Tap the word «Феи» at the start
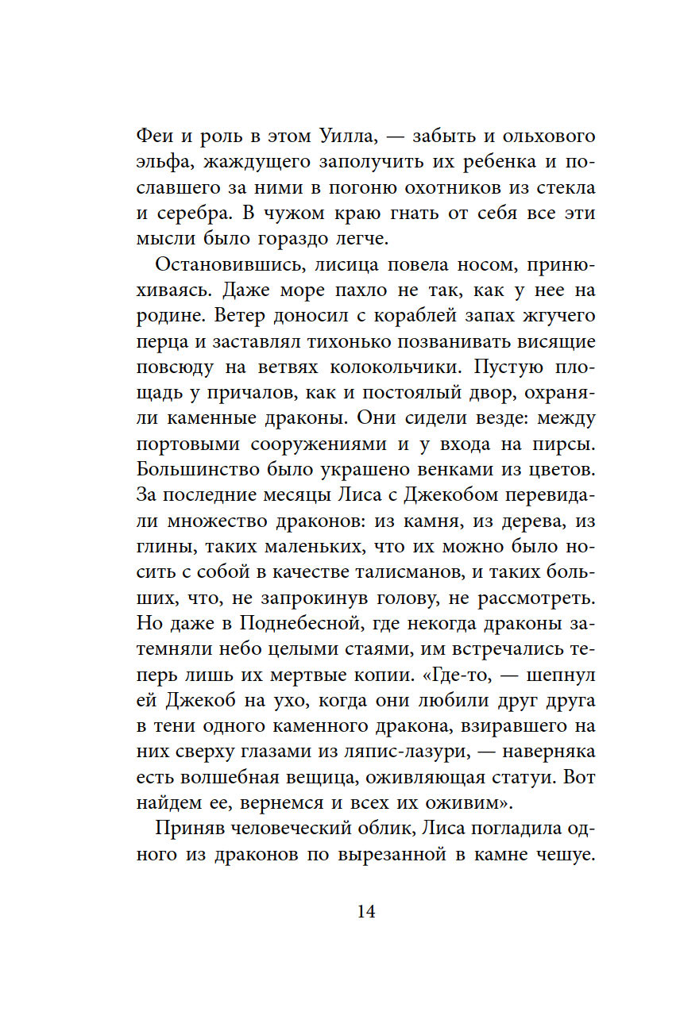coord(156,137)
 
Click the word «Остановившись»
coord(214,265)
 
